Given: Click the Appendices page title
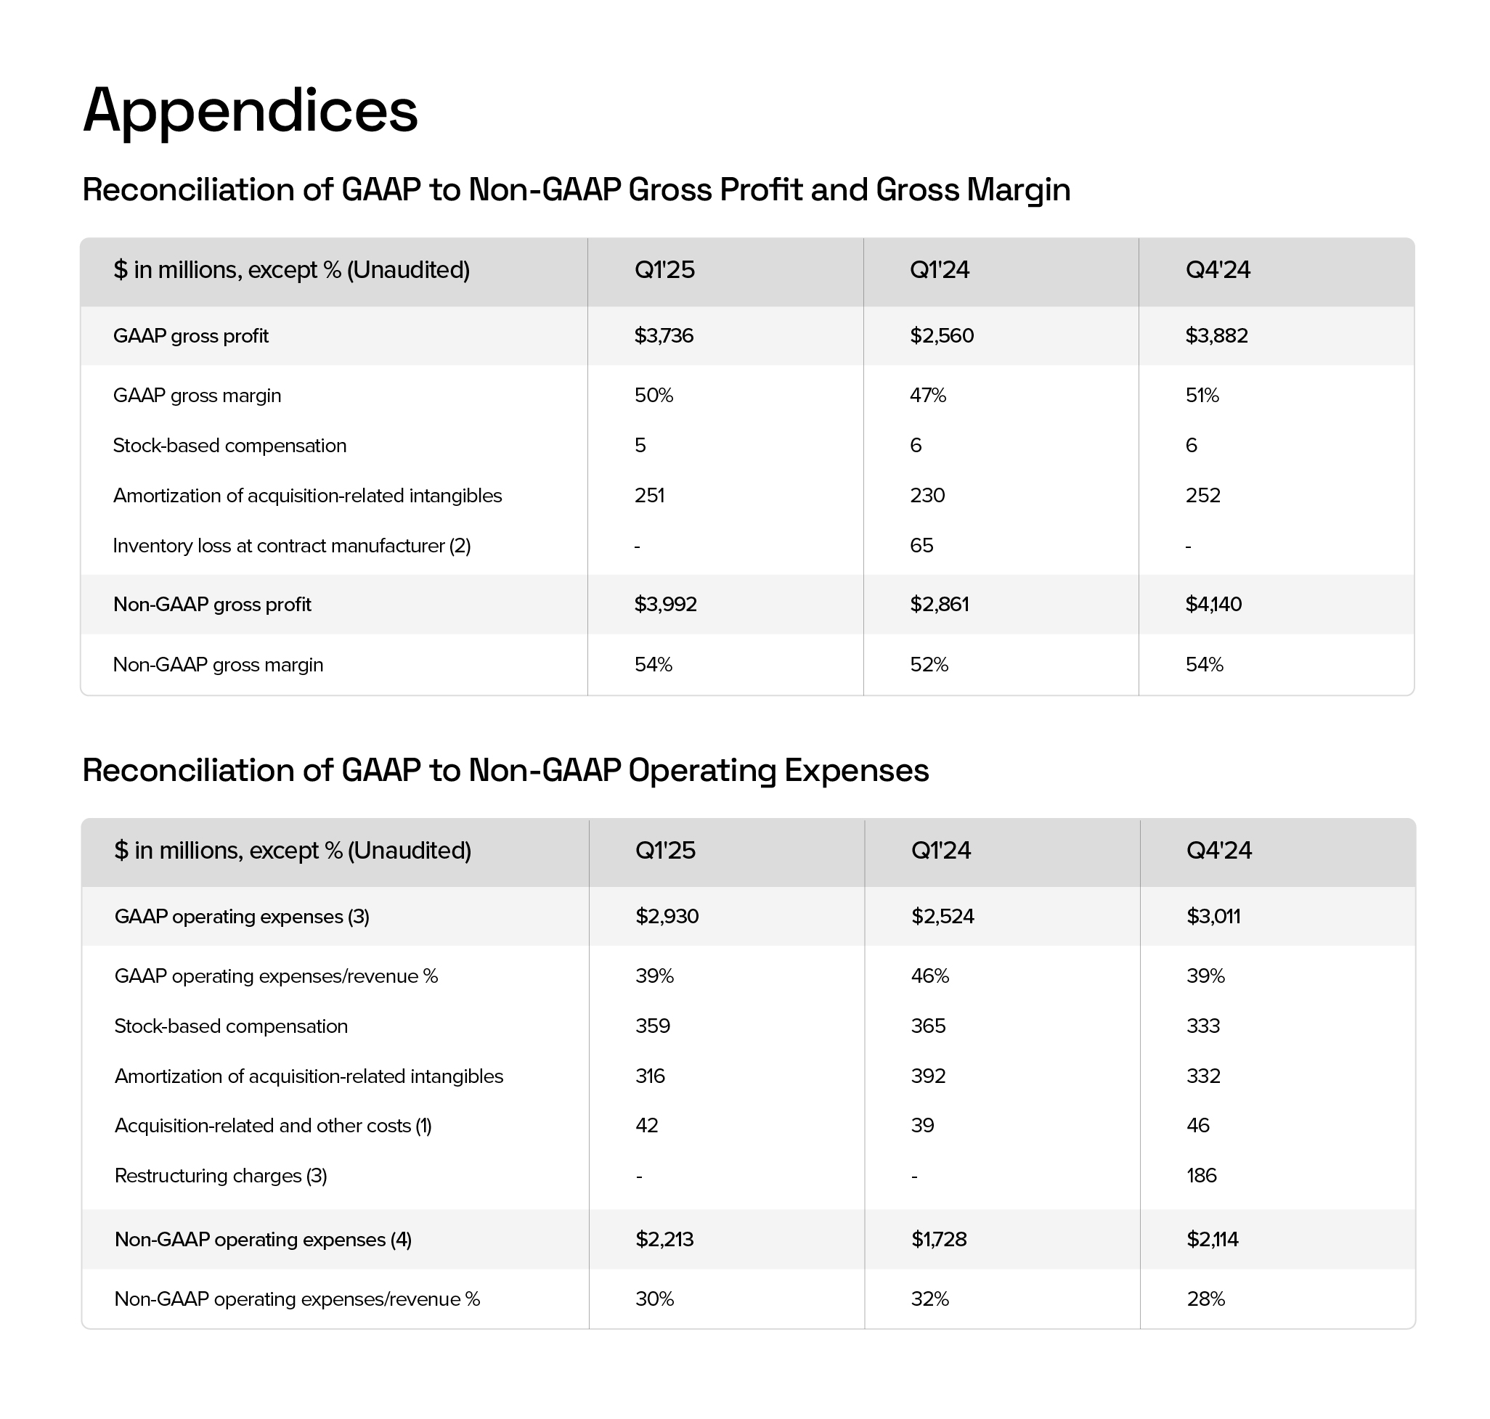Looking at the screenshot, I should click(x=250, y=111).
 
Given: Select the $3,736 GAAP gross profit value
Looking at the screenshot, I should click(x=664, y=336).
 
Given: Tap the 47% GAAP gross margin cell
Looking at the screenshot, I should click(x=928, y=396).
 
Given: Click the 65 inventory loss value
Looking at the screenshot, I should click(x=921, y=545).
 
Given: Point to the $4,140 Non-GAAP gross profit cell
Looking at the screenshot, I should click(x=1213, y=605).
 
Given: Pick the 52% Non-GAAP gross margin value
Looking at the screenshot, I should click(x=929, y=664).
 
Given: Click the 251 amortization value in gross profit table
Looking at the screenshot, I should click(x=649, y=496).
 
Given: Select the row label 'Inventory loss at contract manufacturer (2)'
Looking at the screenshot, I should click(x=291, y=545).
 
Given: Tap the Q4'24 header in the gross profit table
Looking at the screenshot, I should click(x=1218, y=270).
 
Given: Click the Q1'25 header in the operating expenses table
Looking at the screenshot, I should click(x=665, y=850).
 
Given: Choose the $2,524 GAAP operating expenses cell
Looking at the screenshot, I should click(x=942, y=916).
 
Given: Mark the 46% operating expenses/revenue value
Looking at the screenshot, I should click(x=929, y=976).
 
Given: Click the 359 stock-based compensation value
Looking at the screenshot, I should click(x=652, y=1026).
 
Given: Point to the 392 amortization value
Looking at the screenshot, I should click(x=928, y=1076).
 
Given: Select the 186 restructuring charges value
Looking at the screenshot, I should click(x=1201, y=1175).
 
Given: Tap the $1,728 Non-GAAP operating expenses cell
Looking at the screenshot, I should click(x=938, y=1239).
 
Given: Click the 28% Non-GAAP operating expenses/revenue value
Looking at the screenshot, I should click(x=1205, y=1299).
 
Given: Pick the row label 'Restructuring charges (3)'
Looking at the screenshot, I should click(x=220, y=1175).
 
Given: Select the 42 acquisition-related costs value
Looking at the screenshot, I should click(x=646, y=1126).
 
